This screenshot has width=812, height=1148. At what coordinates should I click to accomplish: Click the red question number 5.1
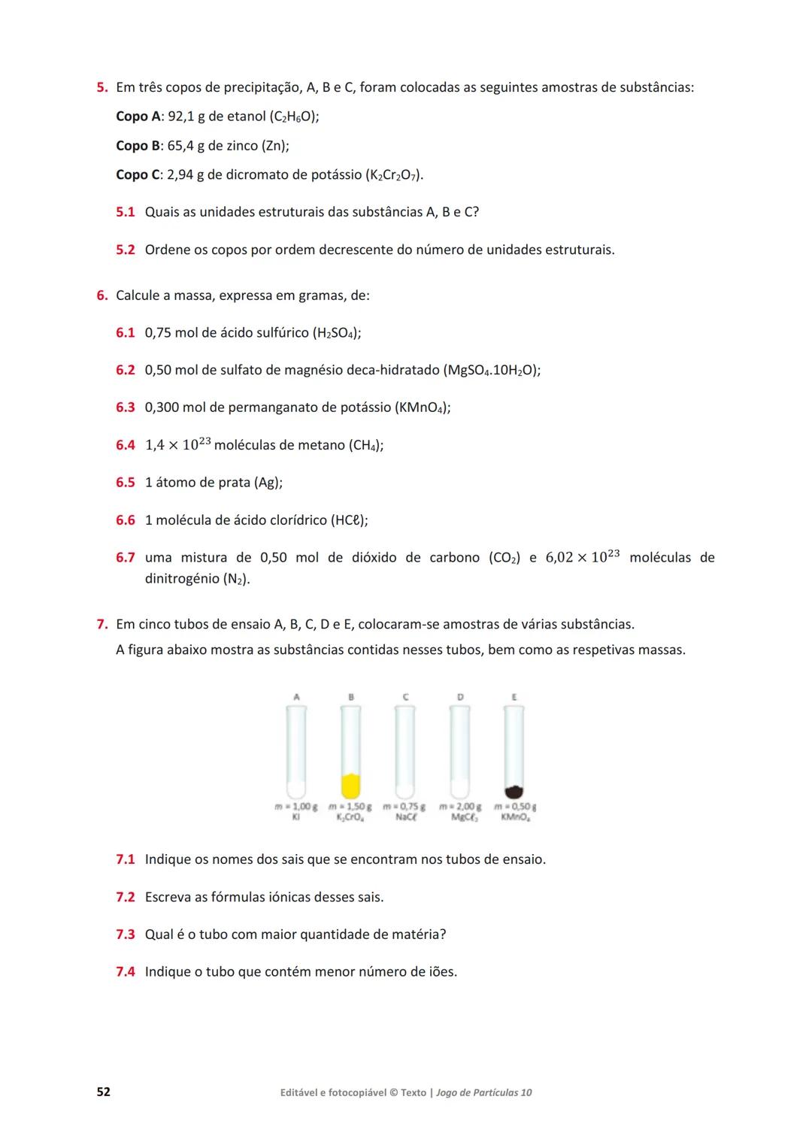point(125,212)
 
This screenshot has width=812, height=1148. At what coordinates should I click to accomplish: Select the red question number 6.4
point(125,445)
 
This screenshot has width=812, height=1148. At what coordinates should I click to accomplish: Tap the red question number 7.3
point(125,934)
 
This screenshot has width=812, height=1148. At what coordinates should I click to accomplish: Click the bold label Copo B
point(138,146)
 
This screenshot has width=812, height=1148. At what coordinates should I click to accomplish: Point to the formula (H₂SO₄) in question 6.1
point(336,333)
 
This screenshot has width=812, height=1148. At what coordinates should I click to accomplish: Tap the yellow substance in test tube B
point(350,786)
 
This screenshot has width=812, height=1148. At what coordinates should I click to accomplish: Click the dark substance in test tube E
point(514,791)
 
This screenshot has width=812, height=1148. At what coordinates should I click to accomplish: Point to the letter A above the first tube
point(296,697)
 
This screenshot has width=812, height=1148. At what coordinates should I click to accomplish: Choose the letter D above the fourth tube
point(460,697)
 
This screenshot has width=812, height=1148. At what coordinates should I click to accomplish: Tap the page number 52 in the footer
point(103,1092)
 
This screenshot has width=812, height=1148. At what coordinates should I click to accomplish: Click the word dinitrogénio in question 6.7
point(181,579)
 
